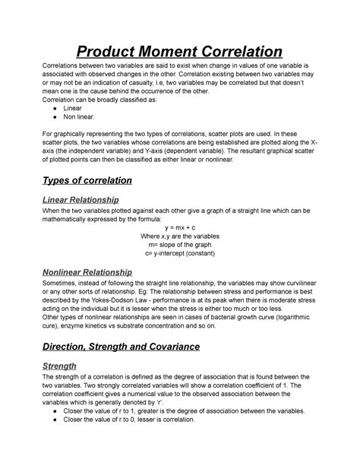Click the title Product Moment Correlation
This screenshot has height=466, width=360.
click(180, 52)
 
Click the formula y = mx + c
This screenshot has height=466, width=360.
click(180, 227)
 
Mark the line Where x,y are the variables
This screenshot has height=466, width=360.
click(180, 236)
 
